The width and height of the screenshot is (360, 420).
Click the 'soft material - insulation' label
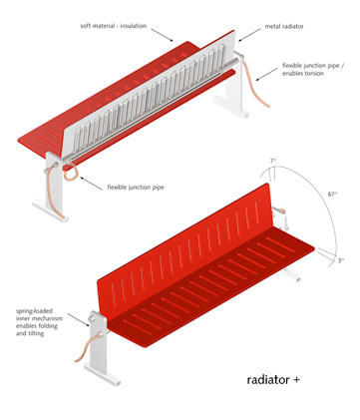(x=113, y=26)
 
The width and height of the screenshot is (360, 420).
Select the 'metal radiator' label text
(x=284, y=26)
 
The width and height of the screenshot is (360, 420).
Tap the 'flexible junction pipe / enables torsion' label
(x=313, y=70)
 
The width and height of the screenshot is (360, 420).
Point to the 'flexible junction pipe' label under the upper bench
(x=136, y=188)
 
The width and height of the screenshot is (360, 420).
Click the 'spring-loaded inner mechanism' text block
(x=39, y=322)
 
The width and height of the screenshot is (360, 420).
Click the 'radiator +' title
(x=273, y=379)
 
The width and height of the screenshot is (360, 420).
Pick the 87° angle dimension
(x=332, y=194)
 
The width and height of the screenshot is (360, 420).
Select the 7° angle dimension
(x=273, y=161)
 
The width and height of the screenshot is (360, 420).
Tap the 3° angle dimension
(x=341, y=260)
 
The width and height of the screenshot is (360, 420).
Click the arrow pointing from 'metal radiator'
(x=249, y=35)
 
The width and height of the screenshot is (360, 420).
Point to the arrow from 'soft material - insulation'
(x=163, y=35)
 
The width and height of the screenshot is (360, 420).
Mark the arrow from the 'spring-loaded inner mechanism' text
(x=79, y=319)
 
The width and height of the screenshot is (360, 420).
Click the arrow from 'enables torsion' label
(x=266, y=75)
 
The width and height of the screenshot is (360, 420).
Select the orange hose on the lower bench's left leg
(x=87, y=348)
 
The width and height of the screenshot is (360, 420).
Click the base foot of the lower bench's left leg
(x=103, y=374)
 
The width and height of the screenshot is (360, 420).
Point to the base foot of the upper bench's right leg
(x=230, y=107)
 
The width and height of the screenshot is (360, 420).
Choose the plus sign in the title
(x=296, y=380)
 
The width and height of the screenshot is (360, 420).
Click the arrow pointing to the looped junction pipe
(x=91, y=184)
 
